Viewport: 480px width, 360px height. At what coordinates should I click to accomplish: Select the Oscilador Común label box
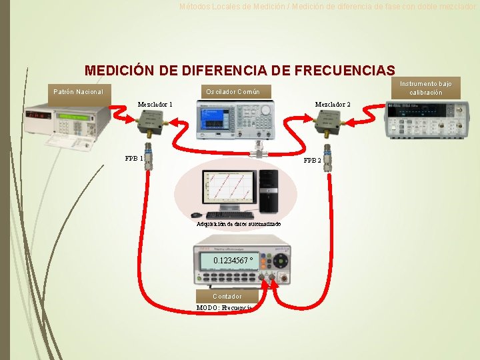pyautogui.click(x=233, y=91)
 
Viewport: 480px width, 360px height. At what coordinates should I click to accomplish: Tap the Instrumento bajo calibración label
pyautogui.click(x=426, y=88)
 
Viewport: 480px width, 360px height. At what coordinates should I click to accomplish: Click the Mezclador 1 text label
pyautogui.click(x=155, y=105)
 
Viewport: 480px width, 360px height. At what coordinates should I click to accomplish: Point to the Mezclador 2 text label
pyautogui.click(x=333, y=105)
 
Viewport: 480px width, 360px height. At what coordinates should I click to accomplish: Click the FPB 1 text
pyautogui.click(x=134, y=159)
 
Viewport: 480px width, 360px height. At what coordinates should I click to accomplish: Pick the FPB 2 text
pyautogui.click(x=312, y=161)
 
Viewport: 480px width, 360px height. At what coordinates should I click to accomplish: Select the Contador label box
pyautogui.click(x=227, y=296)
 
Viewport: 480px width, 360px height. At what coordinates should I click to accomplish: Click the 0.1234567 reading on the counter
pyautogui.click(x=233, y=261)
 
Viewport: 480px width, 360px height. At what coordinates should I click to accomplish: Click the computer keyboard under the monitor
pyautogui.click(x=230, y=215)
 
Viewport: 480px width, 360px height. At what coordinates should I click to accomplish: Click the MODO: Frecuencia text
pyautogui.click(x=224, y=308)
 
